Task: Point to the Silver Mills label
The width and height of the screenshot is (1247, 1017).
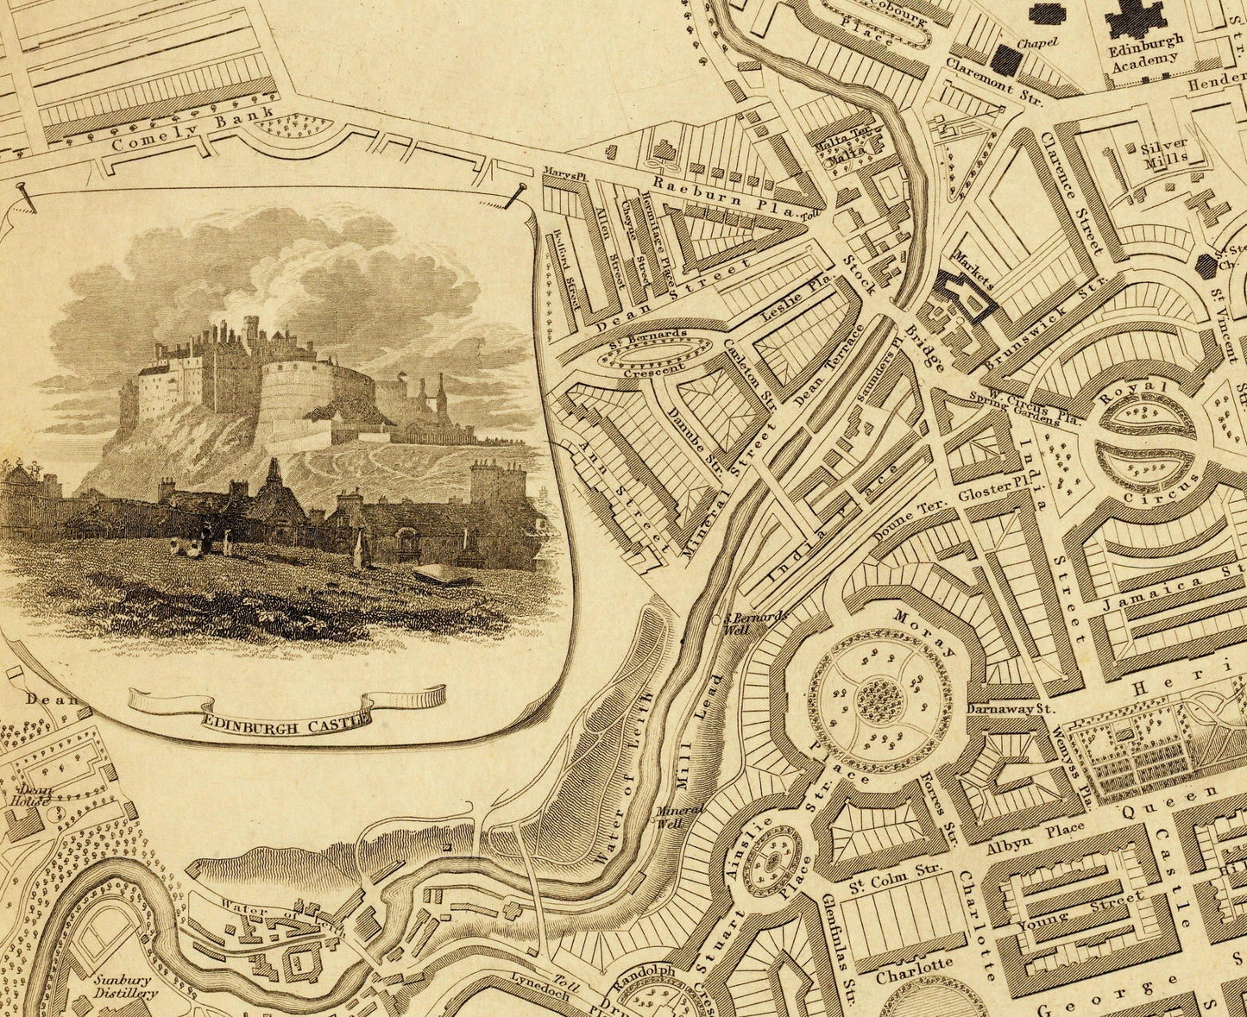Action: [1163, 151]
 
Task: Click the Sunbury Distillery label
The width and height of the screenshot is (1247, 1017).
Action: [123, 986]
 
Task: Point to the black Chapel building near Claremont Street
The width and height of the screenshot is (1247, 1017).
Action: [1006, 58]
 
